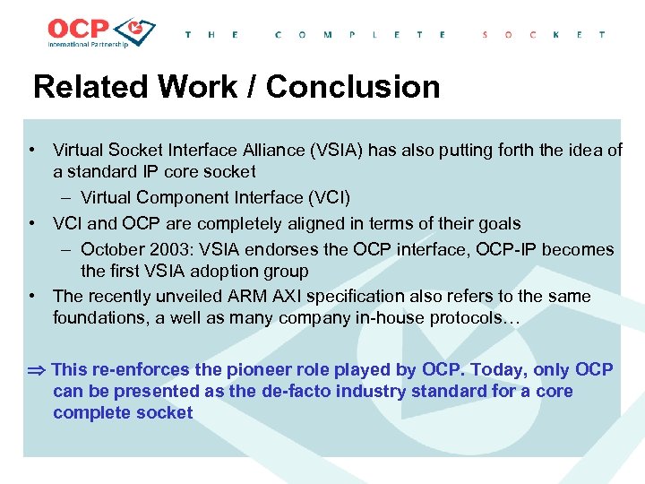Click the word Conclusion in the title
coord(353,87)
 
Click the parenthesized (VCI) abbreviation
coord(325,197)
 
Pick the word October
coord(111,249)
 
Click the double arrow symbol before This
coord(37,370)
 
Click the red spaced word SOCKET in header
coord(544,35)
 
